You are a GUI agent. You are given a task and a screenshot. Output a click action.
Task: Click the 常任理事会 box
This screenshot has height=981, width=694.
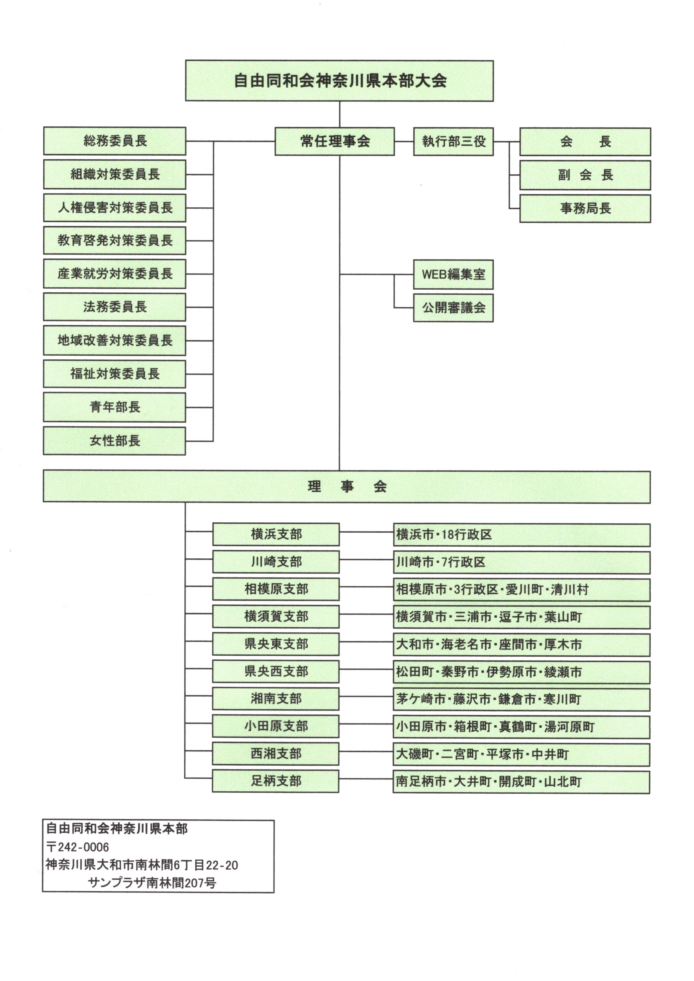click(x=335, y=141)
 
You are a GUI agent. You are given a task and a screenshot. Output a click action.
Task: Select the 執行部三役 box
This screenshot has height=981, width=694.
click(x=453, y=141)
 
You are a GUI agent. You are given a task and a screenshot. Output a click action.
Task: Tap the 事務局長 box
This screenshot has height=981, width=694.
click(x=585, y=208)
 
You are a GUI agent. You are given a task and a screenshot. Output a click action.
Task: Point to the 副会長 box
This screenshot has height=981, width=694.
click(x=585, y=175)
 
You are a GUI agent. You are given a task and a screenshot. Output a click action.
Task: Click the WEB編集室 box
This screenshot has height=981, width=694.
click(x=453, y=274)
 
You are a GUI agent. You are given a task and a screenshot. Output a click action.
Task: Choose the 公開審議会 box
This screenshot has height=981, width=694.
click(x=453, y=308)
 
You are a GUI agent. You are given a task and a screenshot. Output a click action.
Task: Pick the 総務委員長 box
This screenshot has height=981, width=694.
click(x=115, y=141)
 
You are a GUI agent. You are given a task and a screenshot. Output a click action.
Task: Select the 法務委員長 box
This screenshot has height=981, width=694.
click(x=115, y=307)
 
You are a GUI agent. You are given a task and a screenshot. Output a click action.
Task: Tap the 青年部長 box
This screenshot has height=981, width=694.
click(x=115, y=407)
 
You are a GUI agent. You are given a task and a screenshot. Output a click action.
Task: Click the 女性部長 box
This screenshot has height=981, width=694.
click(x=115, y=441)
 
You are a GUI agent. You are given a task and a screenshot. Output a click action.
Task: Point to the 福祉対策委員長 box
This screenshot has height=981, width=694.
click(x=115, y=374)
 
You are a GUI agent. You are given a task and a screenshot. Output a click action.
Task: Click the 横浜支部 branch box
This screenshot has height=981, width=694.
click(x=276, y=534)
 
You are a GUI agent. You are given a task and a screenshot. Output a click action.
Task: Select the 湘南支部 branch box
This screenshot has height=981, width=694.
click(x=276, y=699)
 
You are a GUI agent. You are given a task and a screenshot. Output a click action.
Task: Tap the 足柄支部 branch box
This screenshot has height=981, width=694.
click(x=276, y=781)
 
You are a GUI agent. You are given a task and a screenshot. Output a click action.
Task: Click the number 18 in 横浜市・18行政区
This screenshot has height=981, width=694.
click(x=446, y=535)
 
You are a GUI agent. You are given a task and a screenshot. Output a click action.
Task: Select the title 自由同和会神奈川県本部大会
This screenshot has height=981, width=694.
click(x=340, y=81)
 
